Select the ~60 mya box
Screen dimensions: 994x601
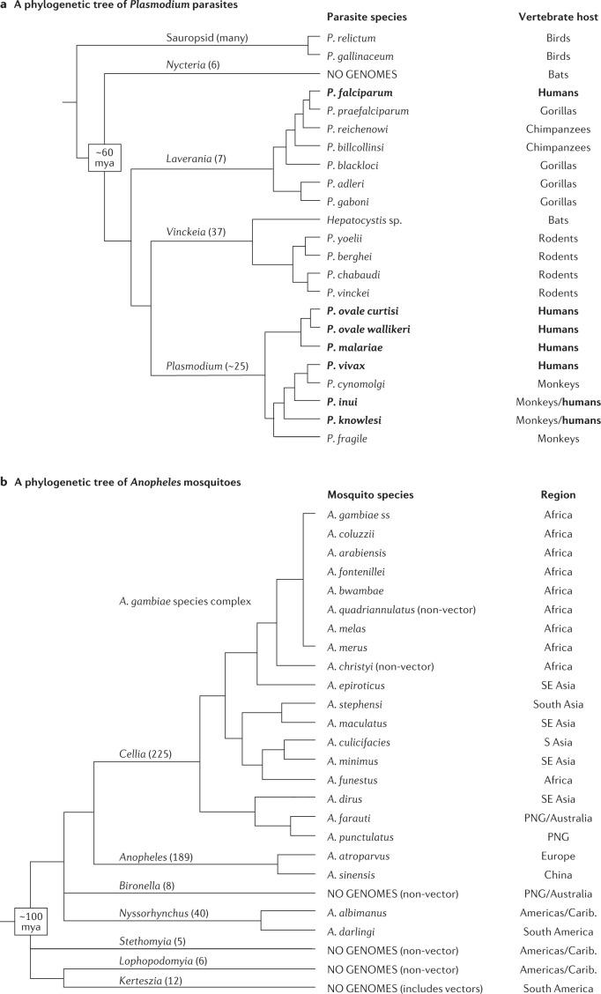pyautogui.click(x=105, y=158)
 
